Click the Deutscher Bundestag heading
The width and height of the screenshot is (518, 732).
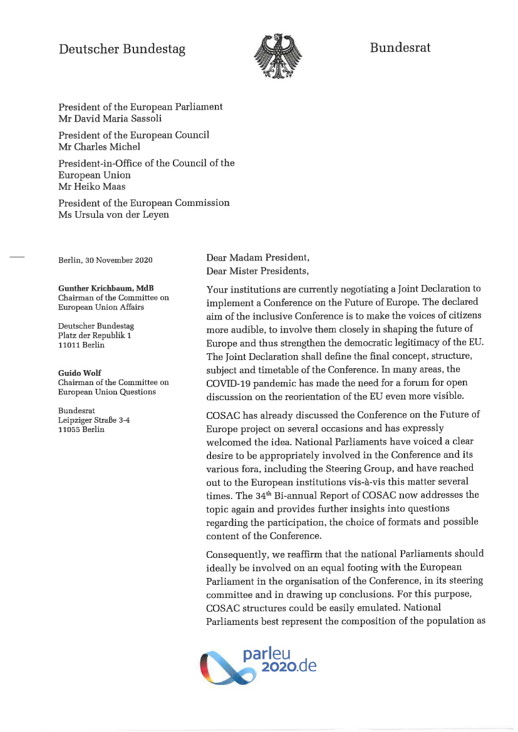click(x=122, y=49)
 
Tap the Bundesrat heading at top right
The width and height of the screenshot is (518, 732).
click(x=400, y=48)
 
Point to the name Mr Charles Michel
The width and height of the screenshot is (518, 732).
click(x=99, y=147)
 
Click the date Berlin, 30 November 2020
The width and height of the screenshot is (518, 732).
click(x=105, y=260)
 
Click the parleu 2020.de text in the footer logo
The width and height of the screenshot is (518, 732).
click(x=279, y=659)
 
